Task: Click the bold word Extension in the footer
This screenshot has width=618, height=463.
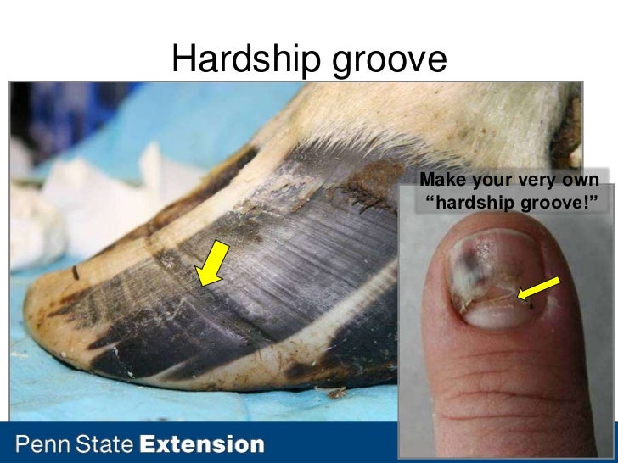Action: click(202, 444)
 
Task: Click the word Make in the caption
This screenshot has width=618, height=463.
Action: click(441, 181)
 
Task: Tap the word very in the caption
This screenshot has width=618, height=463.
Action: click(540, 181)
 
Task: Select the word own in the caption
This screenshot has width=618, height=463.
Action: click(582, 181)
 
